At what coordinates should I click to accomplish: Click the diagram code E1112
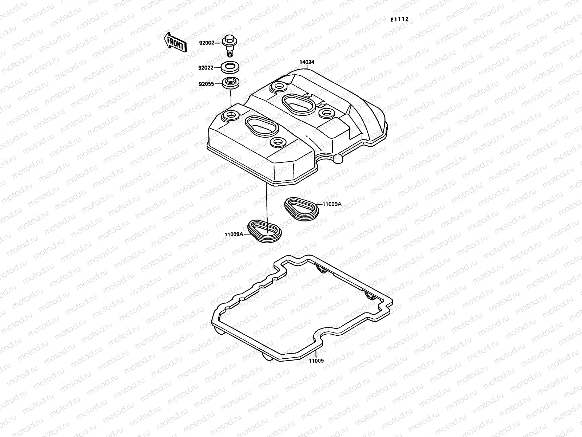pos(399,20)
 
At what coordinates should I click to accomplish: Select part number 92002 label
pos(206,43)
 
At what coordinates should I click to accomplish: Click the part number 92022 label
pos(206,67)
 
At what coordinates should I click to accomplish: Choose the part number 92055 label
pos(206,84)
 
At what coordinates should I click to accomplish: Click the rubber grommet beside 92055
pos(230,83)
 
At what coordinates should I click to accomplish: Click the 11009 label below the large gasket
pos(316,361)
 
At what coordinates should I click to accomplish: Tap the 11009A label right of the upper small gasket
pos(332,204)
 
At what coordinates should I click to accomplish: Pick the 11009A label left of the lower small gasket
pos(234,235)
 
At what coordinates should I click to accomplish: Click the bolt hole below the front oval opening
pos(278,141)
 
